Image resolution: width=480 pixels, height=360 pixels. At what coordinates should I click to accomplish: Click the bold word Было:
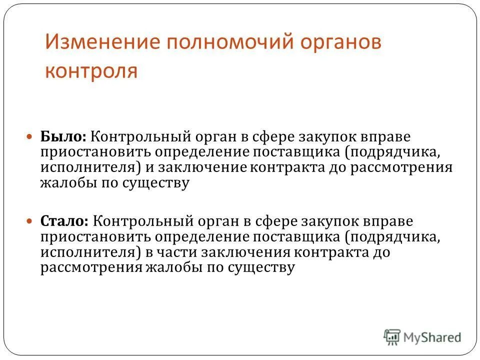(x=63, y=136)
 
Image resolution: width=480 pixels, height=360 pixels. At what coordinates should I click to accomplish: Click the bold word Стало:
(x=65, y=220)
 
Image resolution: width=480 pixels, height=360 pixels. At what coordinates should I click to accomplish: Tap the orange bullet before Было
(x=30, y=136)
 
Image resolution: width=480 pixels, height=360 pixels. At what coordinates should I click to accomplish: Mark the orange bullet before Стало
(x=30, y=220)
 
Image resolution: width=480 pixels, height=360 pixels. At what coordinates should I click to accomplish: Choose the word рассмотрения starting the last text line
(x=91, y=267)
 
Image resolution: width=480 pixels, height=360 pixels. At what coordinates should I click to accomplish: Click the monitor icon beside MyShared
(x=392, y=336)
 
